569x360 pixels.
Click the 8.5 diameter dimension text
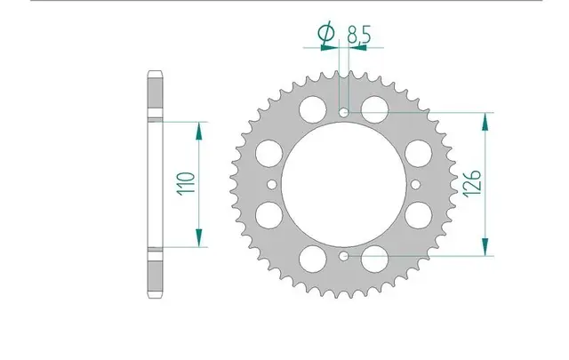(x=359, y=36)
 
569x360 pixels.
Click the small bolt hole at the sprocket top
(x=345, y=113)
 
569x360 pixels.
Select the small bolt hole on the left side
(x=272, y=185)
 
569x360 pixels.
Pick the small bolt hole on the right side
(x=417, y=185)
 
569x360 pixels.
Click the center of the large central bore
(x=344, y=185)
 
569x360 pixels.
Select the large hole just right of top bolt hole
(x=376, y=111)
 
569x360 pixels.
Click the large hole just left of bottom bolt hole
(x=312, y=260)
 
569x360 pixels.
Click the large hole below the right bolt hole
(x=418, y=215)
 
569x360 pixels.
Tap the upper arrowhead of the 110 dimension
(x=197, y=129)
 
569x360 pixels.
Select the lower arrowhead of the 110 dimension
(x=197, y=240)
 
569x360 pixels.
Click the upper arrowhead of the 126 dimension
(x=485, y=123)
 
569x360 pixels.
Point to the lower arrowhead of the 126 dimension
(x=485, y=248)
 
